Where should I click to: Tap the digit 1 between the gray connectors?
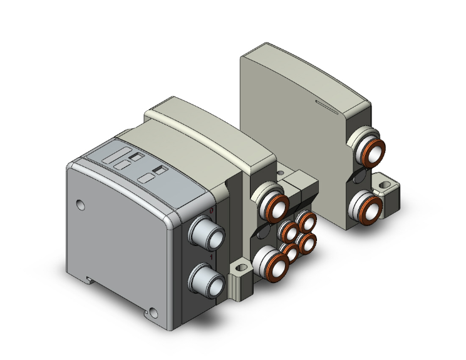click(213, 256)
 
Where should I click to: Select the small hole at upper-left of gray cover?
click(79, 203)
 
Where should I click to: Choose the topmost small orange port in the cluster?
click(306, 221)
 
